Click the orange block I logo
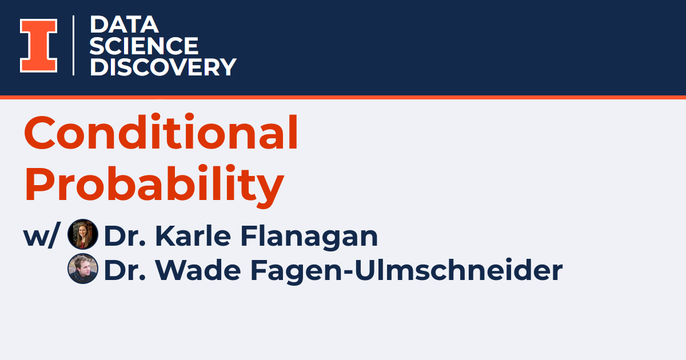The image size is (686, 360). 39,46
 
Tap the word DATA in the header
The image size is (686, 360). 124,25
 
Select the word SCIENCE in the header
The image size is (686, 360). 144,46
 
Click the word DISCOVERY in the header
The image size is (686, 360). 163,67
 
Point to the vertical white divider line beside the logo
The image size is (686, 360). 74,45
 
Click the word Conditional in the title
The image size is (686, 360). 161,132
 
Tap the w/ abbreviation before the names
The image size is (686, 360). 42,235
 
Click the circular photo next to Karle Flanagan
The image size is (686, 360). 83,234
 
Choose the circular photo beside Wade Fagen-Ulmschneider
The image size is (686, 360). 83,269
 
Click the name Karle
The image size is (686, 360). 193,235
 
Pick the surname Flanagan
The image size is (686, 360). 309,238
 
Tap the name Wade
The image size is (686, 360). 198,270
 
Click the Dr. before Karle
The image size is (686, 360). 125,235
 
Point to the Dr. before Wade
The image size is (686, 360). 125,270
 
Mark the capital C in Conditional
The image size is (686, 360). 39,133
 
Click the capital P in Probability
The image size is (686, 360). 39,183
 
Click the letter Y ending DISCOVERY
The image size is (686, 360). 228,67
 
